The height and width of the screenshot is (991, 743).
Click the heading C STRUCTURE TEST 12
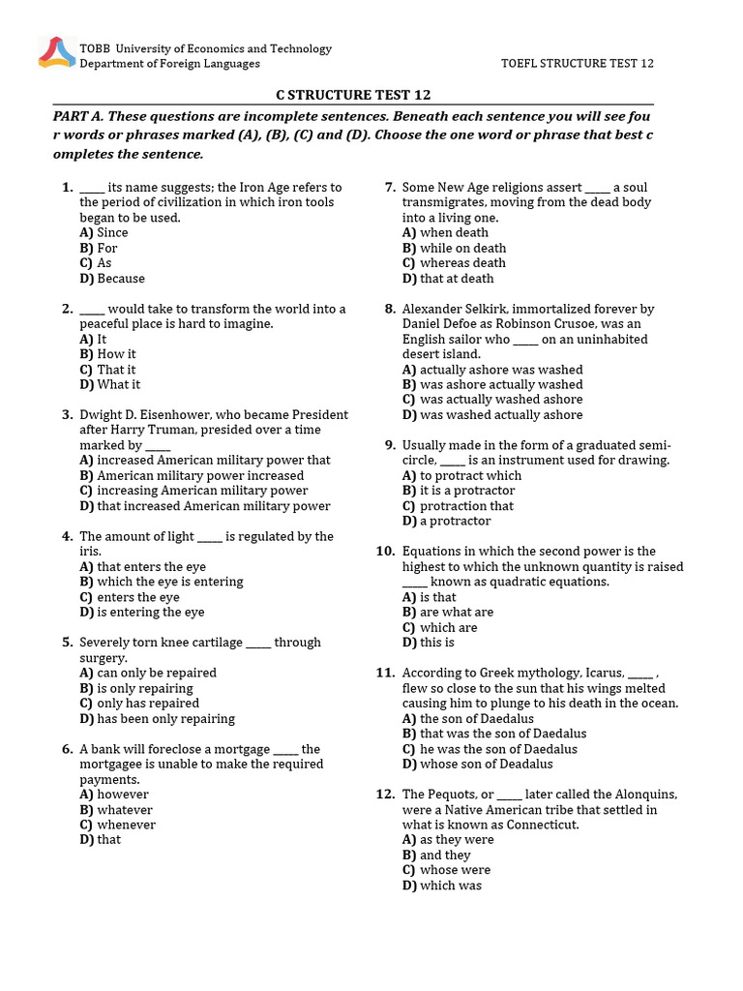[x=353, y=95]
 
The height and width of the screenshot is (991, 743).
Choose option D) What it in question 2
[x=109, y=384]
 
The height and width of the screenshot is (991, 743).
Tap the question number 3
[x=68, y=415]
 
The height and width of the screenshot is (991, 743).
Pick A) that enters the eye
[x=143, y=567]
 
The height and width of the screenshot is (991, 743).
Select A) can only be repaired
[x=148, y=673]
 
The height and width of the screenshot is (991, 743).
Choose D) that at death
[x=448, y=279]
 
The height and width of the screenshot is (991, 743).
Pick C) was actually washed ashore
[x=492, y=400]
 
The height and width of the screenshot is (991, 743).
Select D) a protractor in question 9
[x=446, y=521]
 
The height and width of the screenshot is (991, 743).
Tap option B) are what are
[x=448, y=613]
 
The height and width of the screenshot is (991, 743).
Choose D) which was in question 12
[x=442, y=886]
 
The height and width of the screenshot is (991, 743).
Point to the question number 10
[x=385, y=552]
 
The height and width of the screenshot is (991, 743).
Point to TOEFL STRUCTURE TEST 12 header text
[x=577, y=64]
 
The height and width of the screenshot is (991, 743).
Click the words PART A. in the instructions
[x=79, y=115]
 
